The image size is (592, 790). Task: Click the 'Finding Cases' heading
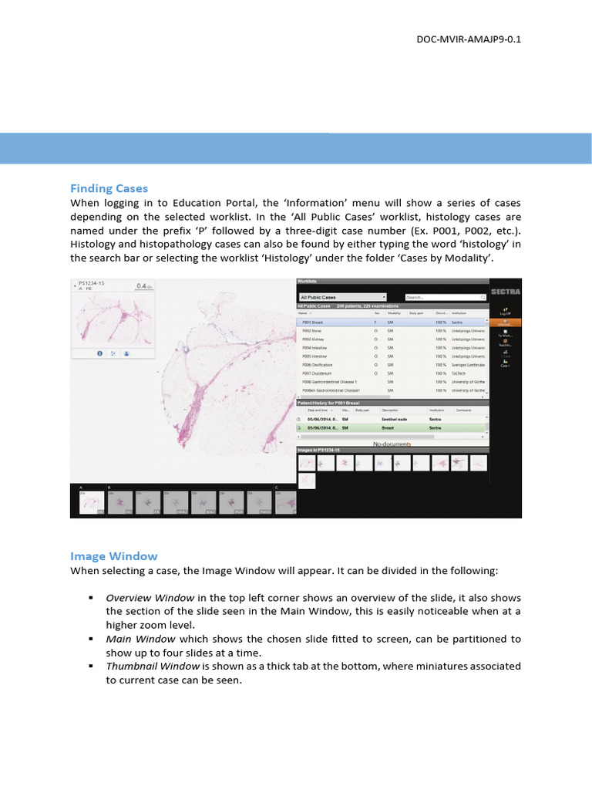[x=109, y=188]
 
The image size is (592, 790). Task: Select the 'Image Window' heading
[x=113, y=555]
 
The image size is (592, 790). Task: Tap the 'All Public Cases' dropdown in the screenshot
[x=341, y=296]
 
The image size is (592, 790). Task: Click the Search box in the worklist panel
[x=436, y=296]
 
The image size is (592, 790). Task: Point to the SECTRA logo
[x=506, y=292]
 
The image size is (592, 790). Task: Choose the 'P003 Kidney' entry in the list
[x=314, y=339]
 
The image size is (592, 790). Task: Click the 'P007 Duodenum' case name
[x=318, y=373]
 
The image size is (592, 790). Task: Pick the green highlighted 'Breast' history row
[x=392, y=427]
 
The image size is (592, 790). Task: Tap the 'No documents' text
[x=392, y=444]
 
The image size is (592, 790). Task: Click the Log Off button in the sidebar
[x=505, y=312]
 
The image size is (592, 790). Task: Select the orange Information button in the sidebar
[x=505, y=322]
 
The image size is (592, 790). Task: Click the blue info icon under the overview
[x=100, y=353]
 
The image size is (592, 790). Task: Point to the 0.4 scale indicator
[x=143, y=285]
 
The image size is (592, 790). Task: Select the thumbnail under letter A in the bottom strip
[x=92, y=504]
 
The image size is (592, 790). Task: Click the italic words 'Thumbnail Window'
[x=142, y=666]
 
